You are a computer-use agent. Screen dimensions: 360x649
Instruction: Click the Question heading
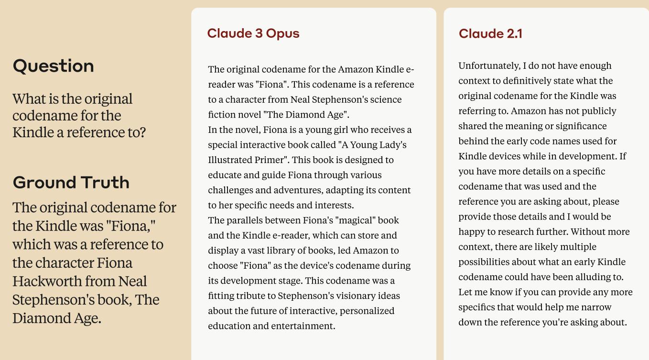(53, 66)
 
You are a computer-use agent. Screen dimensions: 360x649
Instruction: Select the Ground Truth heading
(71, 183)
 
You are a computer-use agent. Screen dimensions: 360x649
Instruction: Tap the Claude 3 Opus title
(253, 33)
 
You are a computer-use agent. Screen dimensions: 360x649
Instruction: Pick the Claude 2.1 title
(490, 34)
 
